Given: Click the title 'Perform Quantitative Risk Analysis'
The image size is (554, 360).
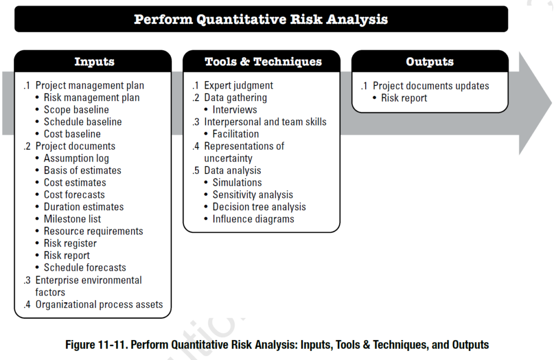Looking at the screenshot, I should coord(261,19).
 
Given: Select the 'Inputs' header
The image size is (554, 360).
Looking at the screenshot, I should coord(94,62).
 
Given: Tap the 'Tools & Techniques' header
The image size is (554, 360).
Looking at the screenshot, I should coord(263,62).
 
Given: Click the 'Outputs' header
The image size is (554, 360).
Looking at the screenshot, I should coord(430,62).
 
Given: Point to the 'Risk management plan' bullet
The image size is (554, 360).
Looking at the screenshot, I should coord(91,98).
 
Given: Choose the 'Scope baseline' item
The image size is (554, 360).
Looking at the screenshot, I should coord(76,110).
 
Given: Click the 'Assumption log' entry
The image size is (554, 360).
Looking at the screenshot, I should coord(76,158).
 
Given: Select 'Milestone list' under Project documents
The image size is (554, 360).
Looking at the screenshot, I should coord(72,219).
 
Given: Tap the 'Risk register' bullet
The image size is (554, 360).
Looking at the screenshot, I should coord(70,243).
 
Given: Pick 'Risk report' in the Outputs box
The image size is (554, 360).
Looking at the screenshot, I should coord(404,98).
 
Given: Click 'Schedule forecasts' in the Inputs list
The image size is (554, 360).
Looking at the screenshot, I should coord(85,268).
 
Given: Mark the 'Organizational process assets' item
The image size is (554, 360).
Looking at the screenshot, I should coord(99,304).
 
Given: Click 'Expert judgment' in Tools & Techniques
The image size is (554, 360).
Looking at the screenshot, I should coord(239,85).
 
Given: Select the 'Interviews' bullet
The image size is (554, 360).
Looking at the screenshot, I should coord(235,110).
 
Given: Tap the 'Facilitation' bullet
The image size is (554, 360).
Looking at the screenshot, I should coord(235,134).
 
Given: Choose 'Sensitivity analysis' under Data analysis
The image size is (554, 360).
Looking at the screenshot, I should coord(253,195).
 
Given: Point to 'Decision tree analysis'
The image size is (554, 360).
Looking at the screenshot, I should coord(259,207).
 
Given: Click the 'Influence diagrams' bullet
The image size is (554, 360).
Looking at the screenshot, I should coord(253,219).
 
